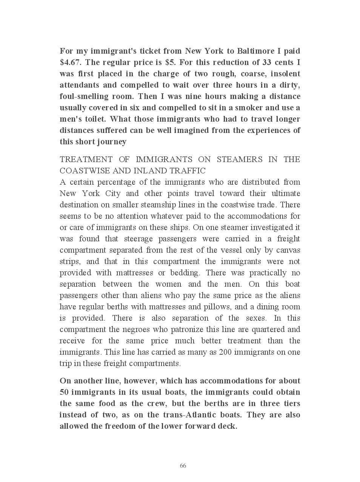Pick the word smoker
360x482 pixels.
pyautogui.click(x=247, y=108)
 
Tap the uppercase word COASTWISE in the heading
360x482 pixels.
pyautogui.click(x=82, y=171)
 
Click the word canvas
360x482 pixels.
pyautogui.click(x=288, y=250)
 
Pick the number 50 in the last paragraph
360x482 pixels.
pyautogui.click(x=64, y=392)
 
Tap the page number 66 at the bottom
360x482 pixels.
pyautogui.click(x=183, y=466)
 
